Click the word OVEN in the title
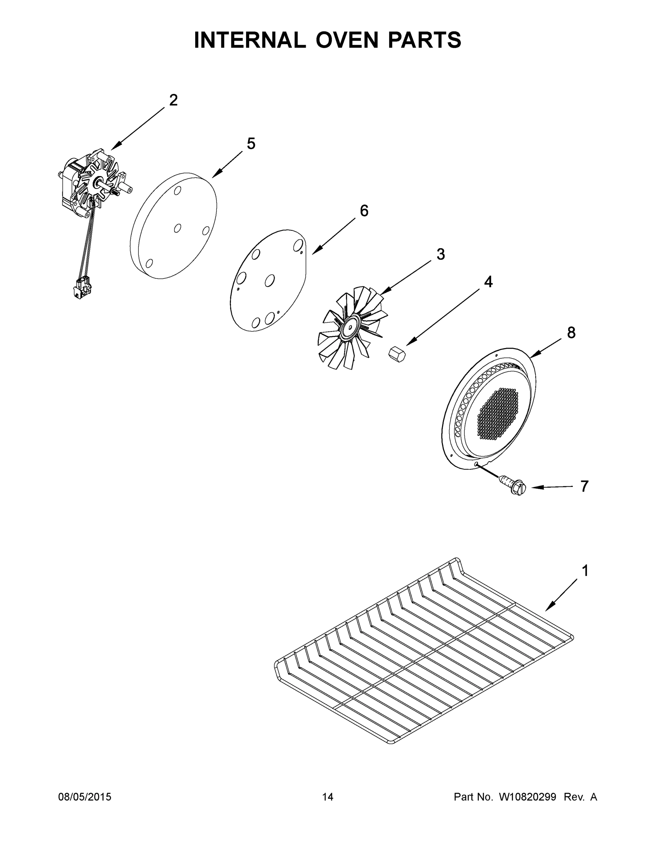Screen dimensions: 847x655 [x=346, y=40]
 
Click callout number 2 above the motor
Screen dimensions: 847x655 [x=173, y=101]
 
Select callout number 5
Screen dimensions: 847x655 [x=251, y=144]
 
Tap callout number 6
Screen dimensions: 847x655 [x=364, y=211]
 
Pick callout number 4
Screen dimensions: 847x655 [x=488, y=282]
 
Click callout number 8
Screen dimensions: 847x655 [x=571, y=333]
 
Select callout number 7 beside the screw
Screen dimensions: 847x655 [x=584, y=486]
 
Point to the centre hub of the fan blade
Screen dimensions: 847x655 [x=351, y=327]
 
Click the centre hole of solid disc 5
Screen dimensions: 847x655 [x=177, y=228]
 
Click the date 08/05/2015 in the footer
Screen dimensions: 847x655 [x=85, y=797]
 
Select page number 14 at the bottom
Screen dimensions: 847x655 [x=328, y=797]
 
